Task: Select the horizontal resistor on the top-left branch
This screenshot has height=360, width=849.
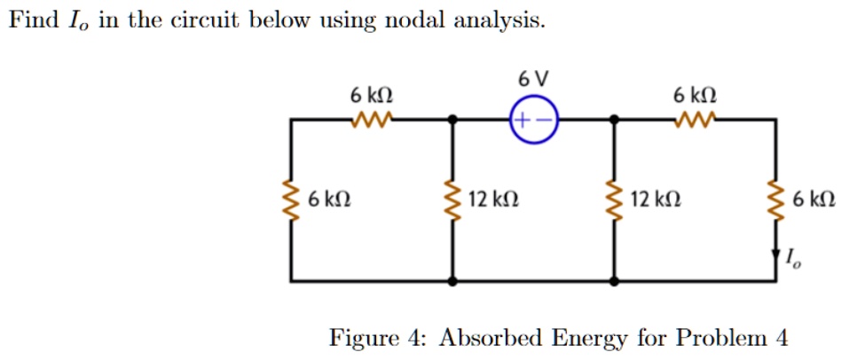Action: (x=372, y=118)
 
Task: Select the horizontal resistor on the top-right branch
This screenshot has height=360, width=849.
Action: (x=695, y=118)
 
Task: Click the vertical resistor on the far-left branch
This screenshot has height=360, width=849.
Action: (x=291, y=200)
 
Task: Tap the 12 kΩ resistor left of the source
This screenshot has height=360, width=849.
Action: (x=453, y=200)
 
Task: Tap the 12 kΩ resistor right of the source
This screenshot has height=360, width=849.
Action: (x=614, y=200)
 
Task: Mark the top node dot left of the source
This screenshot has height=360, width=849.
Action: (x=453, y=119)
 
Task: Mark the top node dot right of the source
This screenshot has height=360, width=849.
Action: (x=614, y=119)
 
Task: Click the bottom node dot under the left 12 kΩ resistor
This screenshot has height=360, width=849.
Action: (x=453, y=281)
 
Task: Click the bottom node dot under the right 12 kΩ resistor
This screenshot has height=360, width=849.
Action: (x=614, y=281)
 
